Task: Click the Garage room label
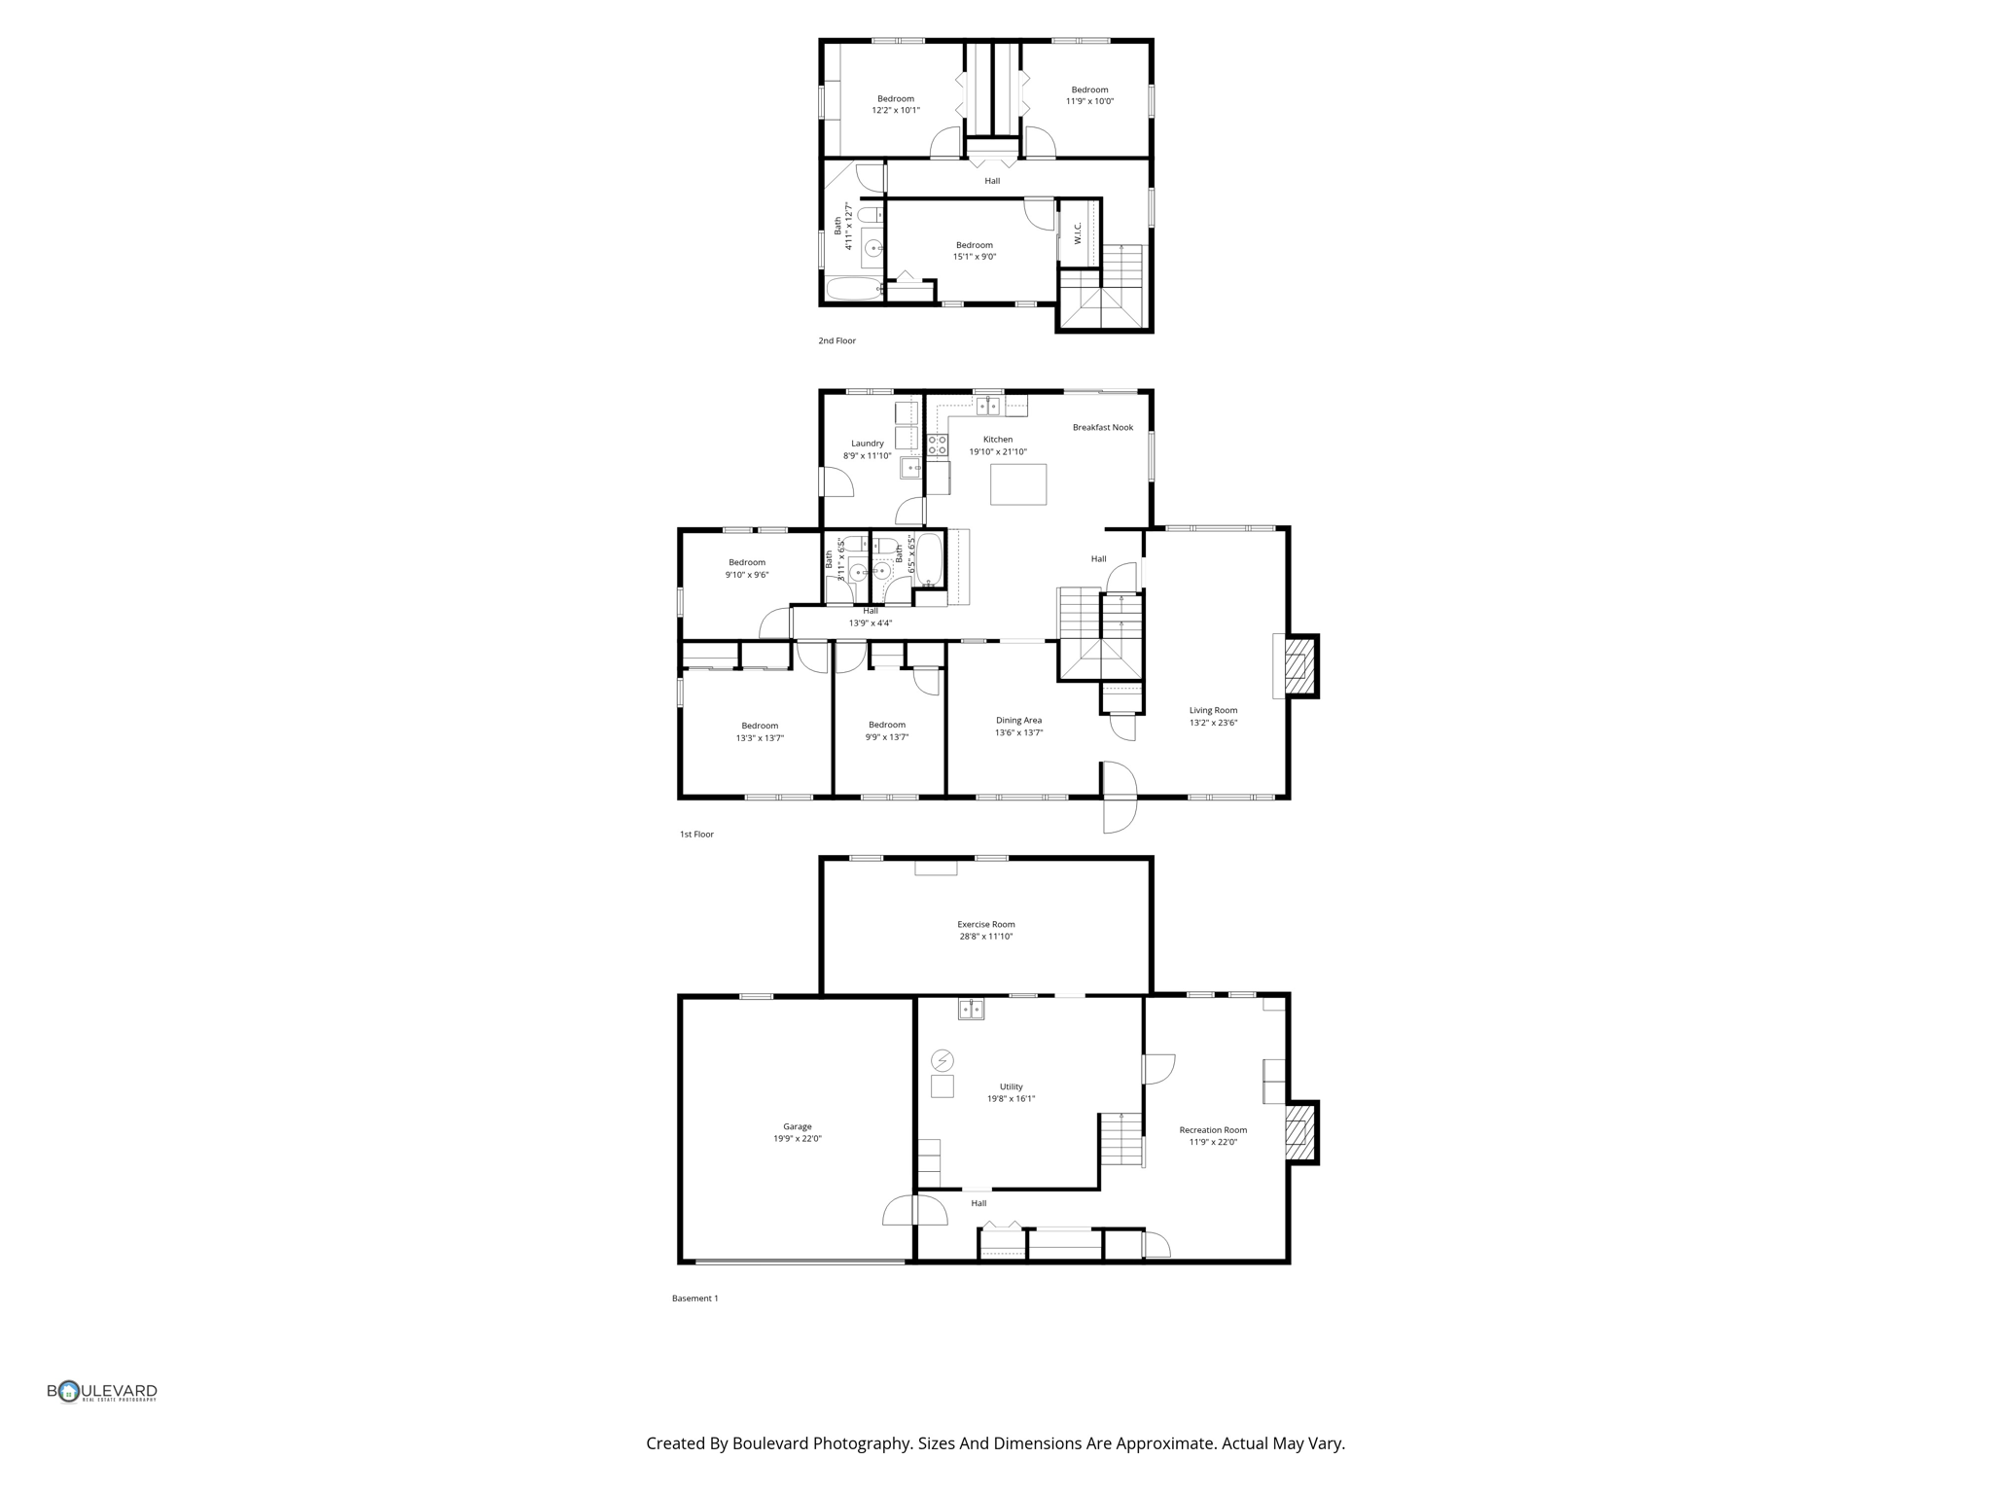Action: point(797,1126)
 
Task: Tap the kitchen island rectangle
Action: point(1017,484)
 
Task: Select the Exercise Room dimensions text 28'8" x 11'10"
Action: point(985,937)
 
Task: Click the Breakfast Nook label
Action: point(1102,427)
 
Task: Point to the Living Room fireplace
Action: point(1298,666)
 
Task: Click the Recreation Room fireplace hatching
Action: point(1298,1132)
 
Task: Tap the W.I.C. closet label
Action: point(1078,233)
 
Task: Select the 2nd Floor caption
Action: point(836,340)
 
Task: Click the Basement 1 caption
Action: point(694,1298)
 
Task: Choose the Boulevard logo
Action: point(102,1392)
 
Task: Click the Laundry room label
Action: point(867,444)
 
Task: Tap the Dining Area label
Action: point(1018,721)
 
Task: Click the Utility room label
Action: point(1011,1086)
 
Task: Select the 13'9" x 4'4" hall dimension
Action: point(870,623)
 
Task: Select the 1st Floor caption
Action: point(696,835)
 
